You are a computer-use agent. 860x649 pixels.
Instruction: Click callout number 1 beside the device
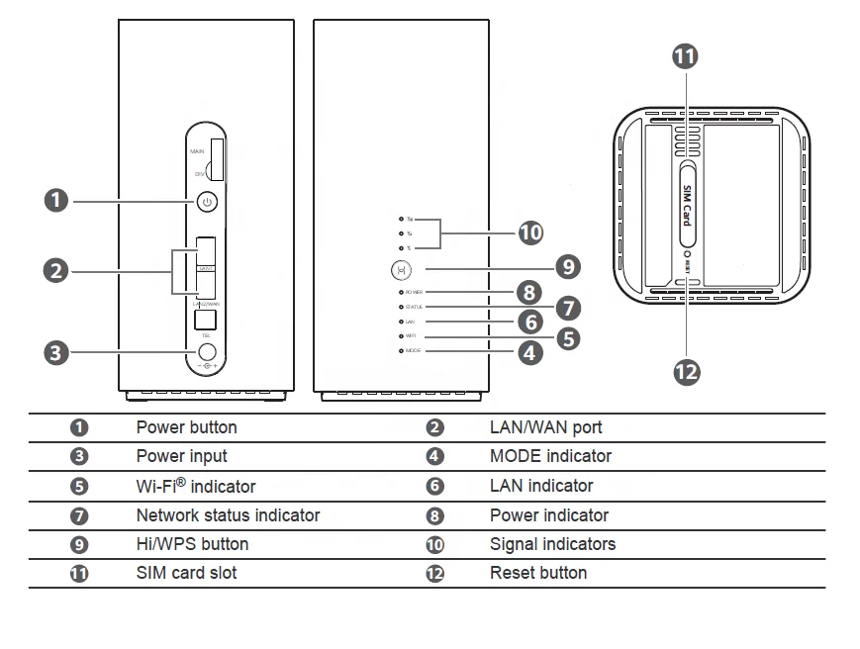(x=57, y=201)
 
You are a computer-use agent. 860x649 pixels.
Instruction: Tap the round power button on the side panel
(x=206, y=202)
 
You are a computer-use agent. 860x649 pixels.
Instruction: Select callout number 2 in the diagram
(x=57, y=269)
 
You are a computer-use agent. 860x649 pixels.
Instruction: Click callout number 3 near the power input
(x=57, y=351)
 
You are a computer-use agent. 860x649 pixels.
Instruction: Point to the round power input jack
(x=208, y=351)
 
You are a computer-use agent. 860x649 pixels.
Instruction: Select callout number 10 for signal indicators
(x=530, y=232)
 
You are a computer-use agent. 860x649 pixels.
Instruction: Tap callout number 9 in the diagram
(x=567, y=266)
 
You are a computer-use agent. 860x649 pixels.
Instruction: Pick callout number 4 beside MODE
(x=530, y=351)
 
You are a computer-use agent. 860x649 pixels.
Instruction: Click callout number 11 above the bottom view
(x=685, y=56)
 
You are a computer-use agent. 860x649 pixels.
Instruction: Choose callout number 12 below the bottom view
(x=686, y=371)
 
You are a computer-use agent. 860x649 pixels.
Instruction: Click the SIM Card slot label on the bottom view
(x=685, y=204)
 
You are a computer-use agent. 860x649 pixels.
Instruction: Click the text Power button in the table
(x=186, y=427)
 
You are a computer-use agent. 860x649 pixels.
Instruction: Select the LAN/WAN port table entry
(x=545, y=427)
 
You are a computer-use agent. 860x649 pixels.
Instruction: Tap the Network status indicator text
(x=228, y=514)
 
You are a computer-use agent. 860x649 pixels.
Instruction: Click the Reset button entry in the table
(x=537, y=573)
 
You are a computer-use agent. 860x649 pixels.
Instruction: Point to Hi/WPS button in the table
(x=192, y=544)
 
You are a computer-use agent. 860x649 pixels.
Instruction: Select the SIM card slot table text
(x=186, y=573)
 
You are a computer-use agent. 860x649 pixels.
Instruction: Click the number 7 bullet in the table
(x=79, y=515)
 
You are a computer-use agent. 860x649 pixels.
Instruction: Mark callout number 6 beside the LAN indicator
(x=530, y=323)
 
